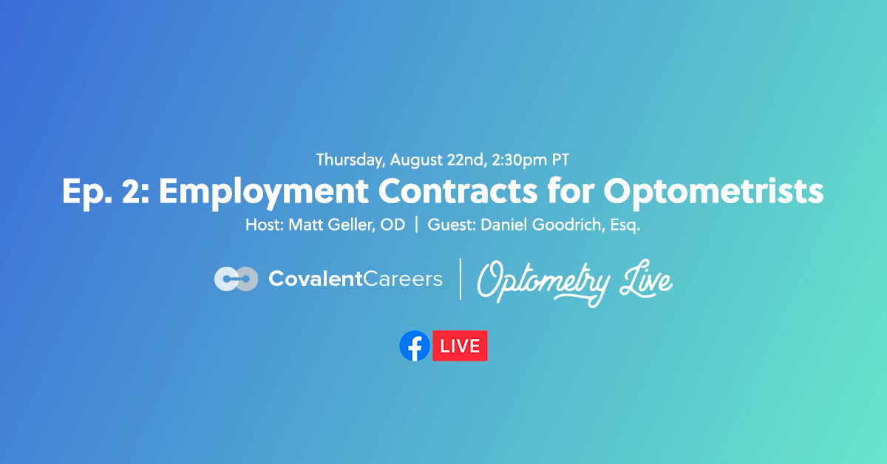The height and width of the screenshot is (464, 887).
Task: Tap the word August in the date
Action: [415, 159]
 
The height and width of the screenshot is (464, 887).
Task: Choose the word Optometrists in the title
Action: [714, 192]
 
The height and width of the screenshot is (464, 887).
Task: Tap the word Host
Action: [262, 225]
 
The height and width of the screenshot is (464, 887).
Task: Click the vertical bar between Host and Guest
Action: [416, 225]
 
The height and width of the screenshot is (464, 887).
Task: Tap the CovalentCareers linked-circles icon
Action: [236, 279]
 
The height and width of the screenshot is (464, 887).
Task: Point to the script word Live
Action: [646, 281]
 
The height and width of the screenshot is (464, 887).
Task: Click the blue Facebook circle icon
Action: [415, 346]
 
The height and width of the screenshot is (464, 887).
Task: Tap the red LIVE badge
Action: [460, 346]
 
